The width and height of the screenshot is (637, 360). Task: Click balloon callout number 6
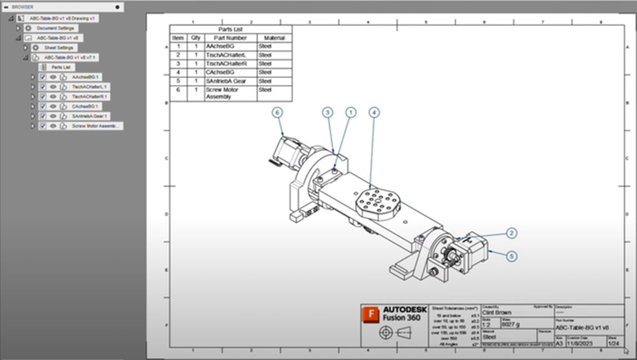tap(278, 112)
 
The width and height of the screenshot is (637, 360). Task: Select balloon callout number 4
tap(374, 112)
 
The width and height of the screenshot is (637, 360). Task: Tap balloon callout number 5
tap(511, 256)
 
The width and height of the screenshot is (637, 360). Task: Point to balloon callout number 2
tap(511, 233)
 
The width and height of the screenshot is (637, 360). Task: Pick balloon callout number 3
tap(328, 112)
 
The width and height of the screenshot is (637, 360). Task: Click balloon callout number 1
tap(350, 112)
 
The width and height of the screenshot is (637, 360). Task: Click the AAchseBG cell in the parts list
tap(231, 46)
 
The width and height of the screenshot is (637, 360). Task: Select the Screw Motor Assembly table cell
tap(231, 93)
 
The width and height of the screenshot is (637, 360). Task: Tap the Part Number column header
tap(231, 38)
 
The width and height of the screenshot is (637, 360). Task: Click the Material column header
tap(274, 38)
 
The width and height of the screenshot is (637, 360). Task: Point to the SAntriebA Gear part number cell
tap(231, 81)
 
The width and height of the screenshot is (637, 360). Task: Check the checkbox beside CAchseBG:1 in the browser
tap(43, 106)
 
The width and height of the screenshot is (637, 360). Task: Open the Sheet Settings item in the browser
tap(58, 48)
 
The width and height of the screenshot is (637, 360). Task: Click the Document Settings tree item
tap(55, 28)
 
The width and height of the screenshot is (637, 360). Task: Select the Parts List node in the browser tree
tap(61, 67)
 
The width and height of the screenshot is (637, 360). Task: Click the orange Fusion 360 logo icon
tap(370, 314)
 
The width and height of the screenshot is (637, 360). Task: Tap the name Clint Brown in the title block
tap(497, 312)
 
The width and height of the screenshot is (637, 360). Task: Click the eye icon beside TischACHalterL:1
tap(53, 87)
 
